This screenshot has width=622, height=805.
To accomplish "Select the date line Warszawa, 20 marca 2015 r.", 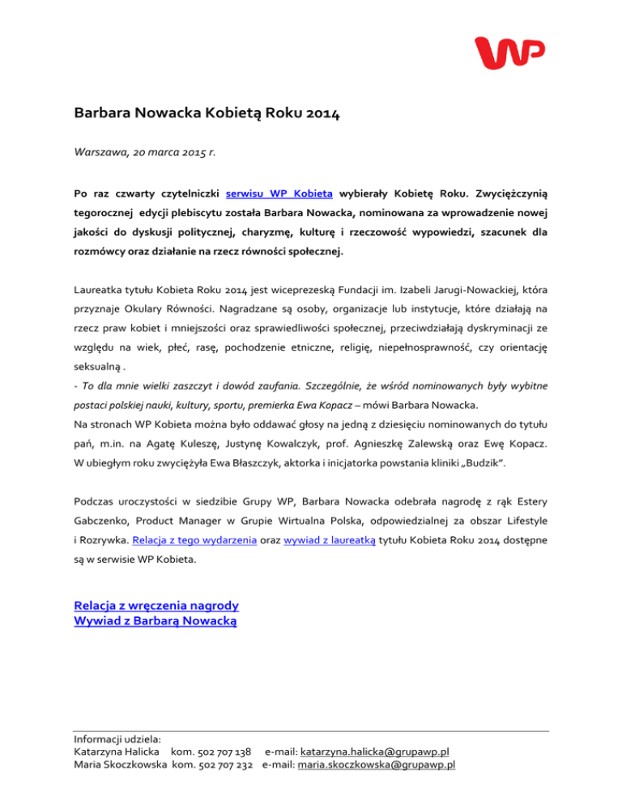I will click(x=151, y=151).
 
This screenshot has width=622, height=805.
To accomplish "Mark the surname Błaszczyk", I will click(x=268, y=464).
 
